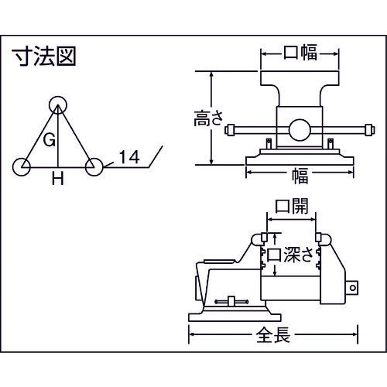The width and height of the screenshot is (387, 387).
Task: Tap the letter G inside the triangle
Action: [48, 140]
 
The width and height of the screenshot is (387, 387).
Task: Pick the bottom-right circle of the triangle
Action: [94, 166]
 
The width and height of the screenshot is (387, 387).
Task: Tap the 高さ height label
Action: [207, 119]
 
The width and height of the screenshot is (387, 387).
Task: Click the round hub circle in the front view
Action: [300, 130]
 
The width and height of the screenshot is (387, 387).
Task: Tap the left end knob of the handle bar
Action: [229, 132]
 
